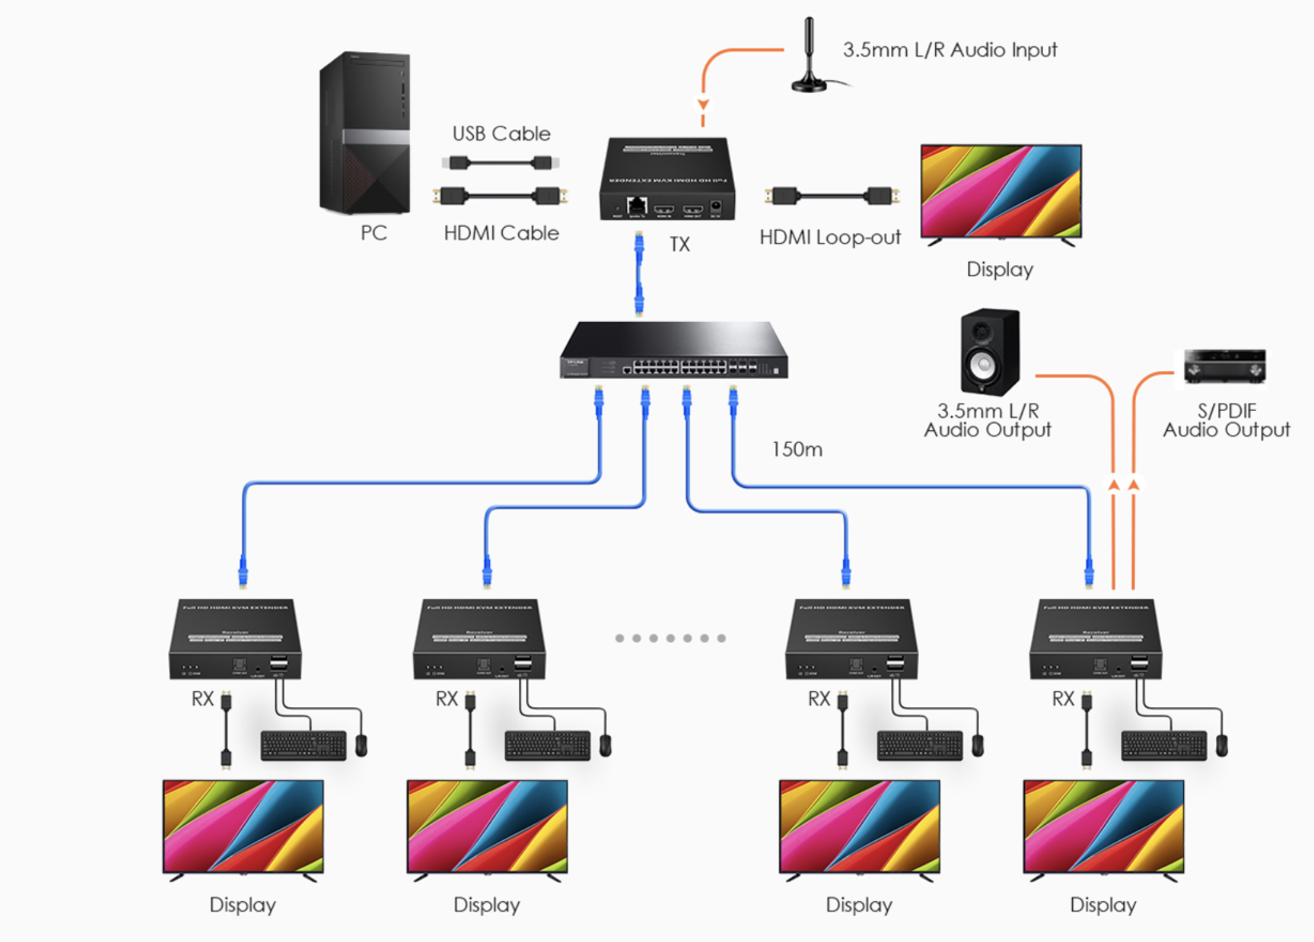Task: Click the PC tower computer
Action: [365, 133]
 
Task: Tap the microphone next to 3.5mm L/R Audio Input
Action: [809, 59]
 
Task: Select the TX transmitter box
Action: [667, 179]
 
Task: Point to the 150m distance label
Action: [796, 449]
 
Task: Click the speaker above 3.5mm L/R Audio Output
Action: [990, 352]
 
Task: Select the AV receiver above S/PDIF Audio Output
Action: [1225, 366]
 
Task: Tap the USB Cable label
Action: [501, 134]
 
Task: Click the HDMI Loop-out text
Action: [830, 238]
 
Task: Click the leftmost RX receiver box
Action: [235, 639]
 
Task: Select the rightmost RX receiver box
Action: [1096, 639]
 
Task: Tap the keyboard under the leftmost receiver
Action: [304, 745]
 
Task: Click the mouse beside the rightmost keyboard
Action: [1221, 745]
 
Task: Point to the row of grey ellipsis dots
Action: [670, 638]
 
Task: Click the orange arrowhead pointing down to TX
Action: [703, 104]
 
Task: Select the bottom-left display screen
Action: [243, 826]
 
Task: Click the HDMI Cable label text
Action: [501, 233]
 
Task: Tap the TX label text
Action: [679, 245]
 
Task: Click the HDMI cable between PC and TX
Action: [500, 196]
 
